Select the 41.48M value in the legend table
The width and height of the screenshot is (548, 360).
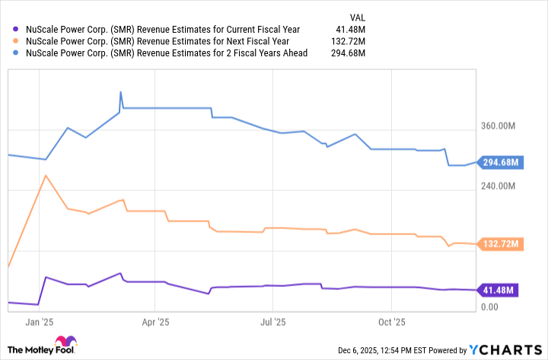pyautogui.click(x=350, y=30)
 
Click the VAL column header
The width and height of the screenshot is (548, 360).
pyautogui.click(x=356, y=16)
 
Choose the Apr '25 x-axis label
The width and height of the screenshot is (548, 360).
pyautogui.click(x=155, y=321)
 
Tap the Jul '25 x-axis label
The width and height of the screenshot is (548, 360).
pyautogui.click(x=272, y=321)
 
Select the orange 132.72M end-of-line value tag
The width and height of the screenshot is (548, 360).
pyautogui.click(x=500, y=244)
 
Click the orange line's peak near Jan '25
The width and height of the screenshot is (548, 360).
pyautogui.click(x=46, y=176)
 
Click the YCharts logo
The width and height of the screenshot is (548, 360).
pyautogui.click(x=504, y=349)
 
